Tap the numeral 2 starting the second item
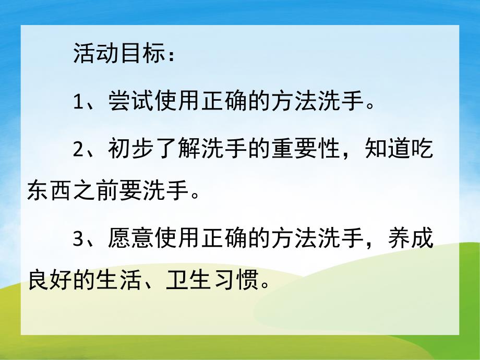pos(79,149)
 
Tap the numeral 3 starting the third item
pos(79,237)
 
